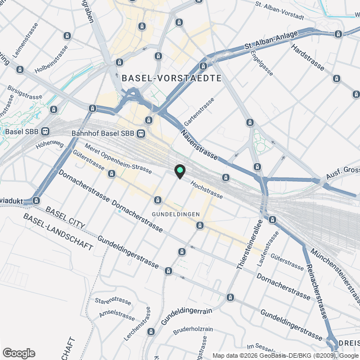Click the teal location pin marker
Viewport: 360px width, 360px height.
pos(179,171)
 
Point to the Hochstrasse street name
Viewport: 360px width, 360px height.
pos(206,190)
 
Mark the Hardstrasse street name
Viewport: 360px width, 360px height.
pos(308,58)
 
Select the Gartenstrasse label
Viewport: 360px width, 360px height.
pos(200,111)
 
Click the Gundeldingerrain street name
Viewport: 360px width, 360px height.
pos(186,317)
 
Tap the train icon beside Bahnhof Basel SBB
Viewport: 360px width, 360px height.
pos(141,134)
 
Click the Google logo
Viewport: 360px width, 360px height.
pos(19,353)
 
